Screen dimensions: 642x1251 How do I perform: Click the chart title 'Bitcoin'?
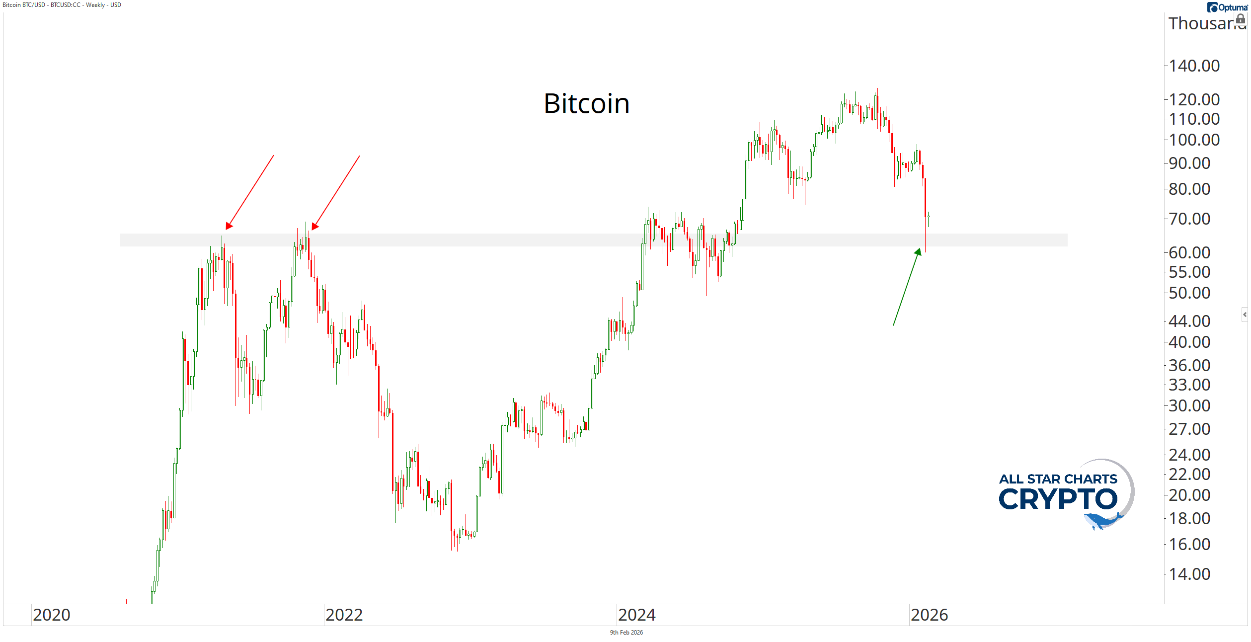[x=586, y=103]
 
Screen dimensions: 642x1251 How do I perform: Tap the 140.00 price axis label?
[x=1194, y=66]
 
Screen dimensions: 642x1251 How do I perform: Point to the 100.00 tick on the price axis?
[x=1194, y=140]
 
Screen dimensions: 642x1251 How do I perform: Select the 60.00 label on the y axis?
[x=1189, y=252]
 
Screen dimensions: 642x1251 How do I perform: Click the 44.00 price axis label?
[x=1189, y=321]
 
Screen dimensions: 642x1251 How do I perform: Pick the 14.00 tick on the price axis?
[x=1189, y=574]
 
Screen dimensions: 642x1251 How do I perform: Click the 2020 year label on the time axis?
[x=52, y=615]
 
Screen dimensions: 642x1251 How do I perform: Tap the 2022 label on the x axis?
[x=344, y=615]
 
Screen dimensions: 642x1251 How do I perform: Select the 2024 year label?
[x=636, y=615]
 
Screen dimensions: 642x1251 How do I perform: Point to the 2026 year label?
[x=929, y=615]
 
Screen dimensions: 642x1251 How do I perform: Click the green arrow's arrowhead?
[x=918, y=251]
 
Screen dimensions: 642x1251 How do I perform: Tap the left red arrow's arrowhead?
[x=228, y=226]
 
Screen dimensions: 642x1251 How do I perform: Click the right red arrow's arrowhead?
[x=314, y=227]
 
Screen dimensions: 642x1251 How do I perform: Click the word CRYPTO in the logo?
[x=1058, y=499]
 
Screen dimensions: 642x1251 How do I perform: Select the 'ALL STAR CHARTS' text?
[x=1058, y=479]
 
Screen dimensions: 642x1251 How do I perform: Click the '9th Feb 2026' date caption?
[x=626, y=633]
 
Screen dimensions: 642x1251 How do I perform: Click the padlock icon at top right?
[x=1241, y=19]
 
